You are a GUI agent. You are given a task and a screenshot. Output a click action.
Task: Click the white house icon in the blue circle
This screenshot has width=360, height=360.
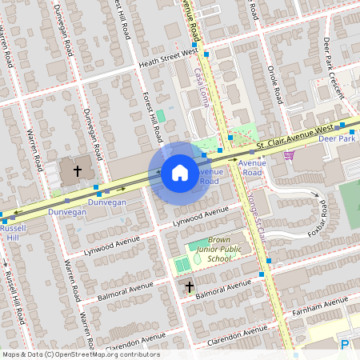click(180, 172)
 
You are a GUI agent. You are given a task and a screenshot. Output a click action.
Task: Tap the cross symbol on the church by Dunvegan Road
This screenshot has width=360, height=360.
click(78, 170)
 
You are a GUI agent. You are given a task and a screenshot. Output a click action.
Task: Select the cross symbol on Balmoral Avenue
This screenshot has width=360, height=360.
click(189, 286)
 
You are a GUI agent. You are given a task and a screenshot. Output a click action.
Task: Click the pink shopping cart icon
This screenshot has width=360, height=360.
click(289, 154)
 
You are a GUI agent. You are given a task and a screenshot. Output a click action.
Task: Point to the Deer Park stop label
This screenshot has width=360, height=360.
click(335, 138)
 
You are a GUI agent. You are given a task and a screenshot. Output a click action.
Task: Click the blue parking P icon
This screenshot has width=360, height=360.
click(345, 345)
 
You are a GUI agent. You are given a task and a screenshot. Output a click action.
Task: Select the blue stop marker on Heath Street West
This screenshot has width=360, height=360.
click(206, 54)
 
